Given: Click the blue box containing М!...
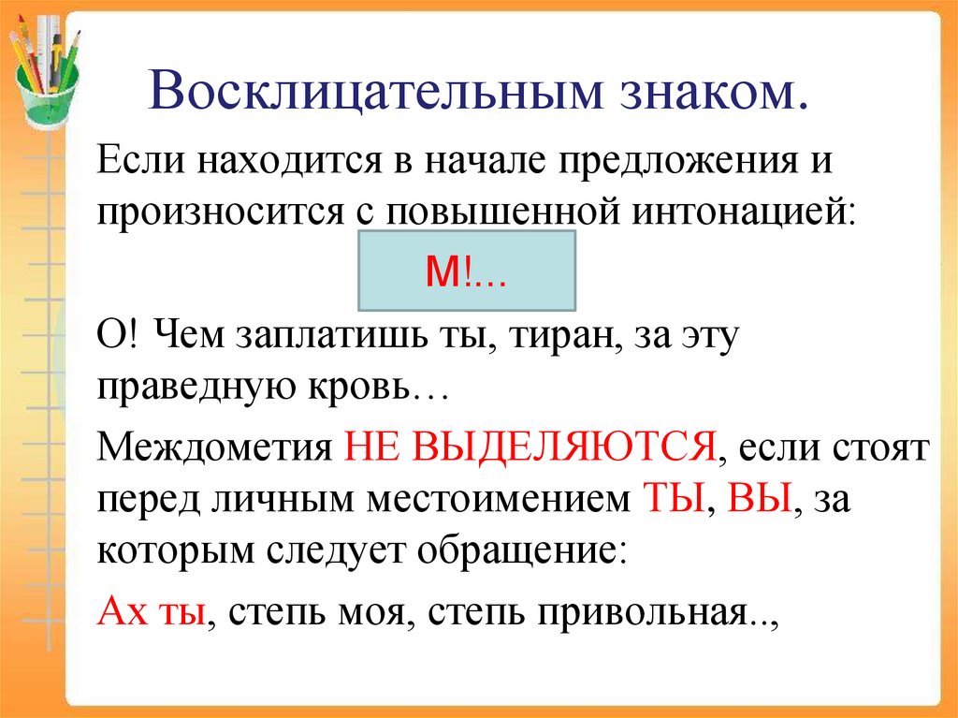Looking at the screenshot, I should [466, 271].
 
